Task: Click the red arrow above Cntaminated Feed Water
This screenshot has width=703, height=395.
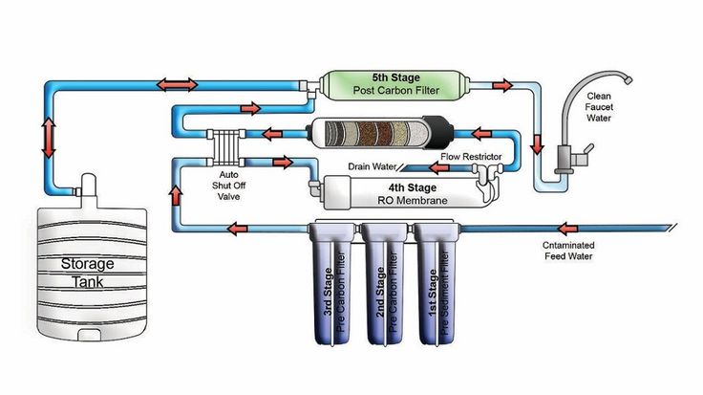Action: point(568,229)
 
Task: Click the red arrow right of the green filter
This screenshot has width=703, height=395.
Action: point(501,85)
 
